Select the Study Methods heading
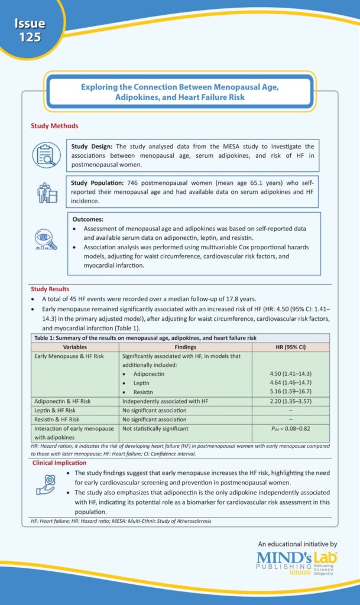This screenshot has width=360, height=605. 54,126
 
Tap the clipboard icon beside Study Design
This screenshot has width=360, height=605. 46,154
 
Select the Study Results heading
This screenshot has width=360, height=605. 51,289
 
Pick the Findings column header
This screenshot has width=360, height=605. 185,347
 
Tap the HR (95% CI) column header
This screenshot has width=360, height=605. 290,347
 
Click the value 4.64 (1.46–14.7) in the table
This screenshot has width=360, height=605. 290,382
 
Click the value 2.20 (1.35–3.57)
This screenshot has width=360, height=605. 290,401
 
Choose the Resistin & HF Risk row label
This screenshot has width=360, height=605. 63,419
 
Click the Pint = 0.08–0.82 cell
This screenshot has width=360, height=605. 290,429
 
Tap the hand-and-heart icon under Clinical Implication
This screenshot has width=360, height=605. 46,484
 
